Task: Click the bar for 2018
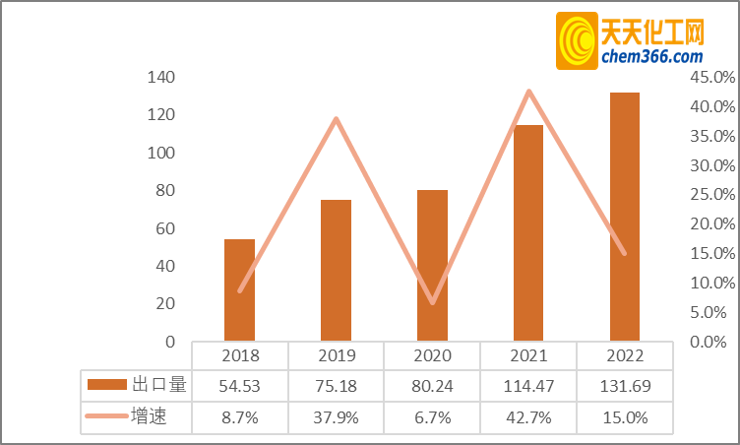[x=239, y=290]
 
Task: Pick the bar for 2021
[x=528, y=233]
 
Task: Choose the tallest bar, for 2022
[x=625, y=217]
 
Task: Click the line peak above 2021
[x=529, y=92]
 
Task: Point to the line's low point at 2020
[x=432, y=302]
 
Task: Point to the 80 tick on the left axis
[x=163, y=191]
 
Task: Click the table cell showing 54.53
[x=239, y=384]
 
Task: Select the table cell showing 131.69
[x=625, y=384]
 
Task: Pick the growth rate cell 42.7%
[x=528, y=417]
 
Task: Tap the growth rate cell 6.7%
[x=432, y=417]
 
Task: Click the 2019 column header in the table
[x=336, y=355]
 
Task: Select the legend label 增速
[x=149, y=417]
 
